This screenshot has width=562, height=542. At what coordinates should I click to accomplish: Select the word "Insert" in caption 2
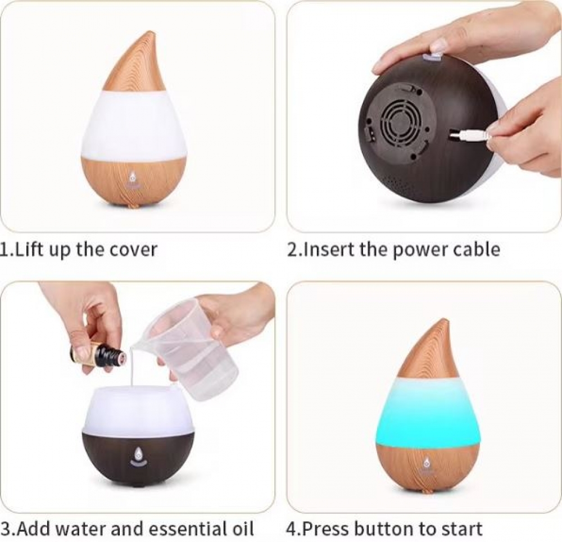(325, 249)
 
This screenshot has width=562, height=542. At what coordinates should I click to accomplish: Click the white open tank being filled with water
(138, 410)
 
